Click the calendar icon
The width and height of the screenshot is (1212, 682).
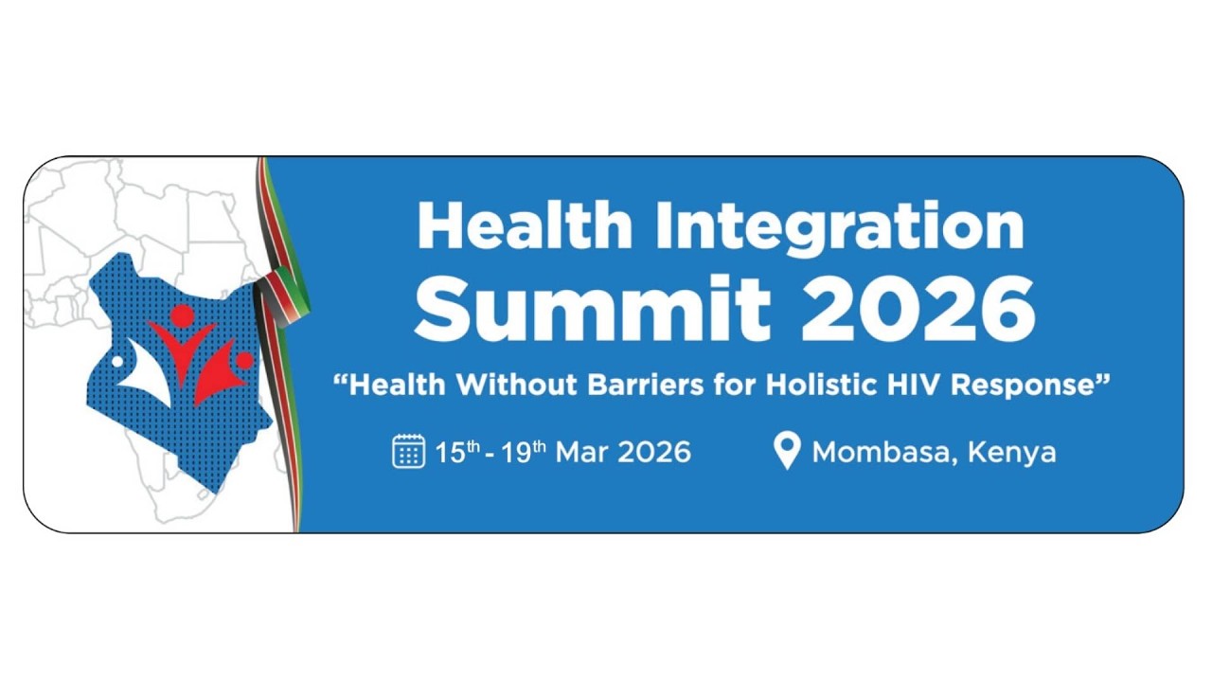(408, 451)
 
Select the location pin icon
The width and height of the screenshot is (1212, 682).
(787, 451)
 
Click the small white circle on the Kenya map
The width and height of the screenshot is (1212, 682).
(117, 361)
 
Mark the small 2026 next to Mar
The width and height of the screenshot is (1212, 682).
(654, 452)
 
